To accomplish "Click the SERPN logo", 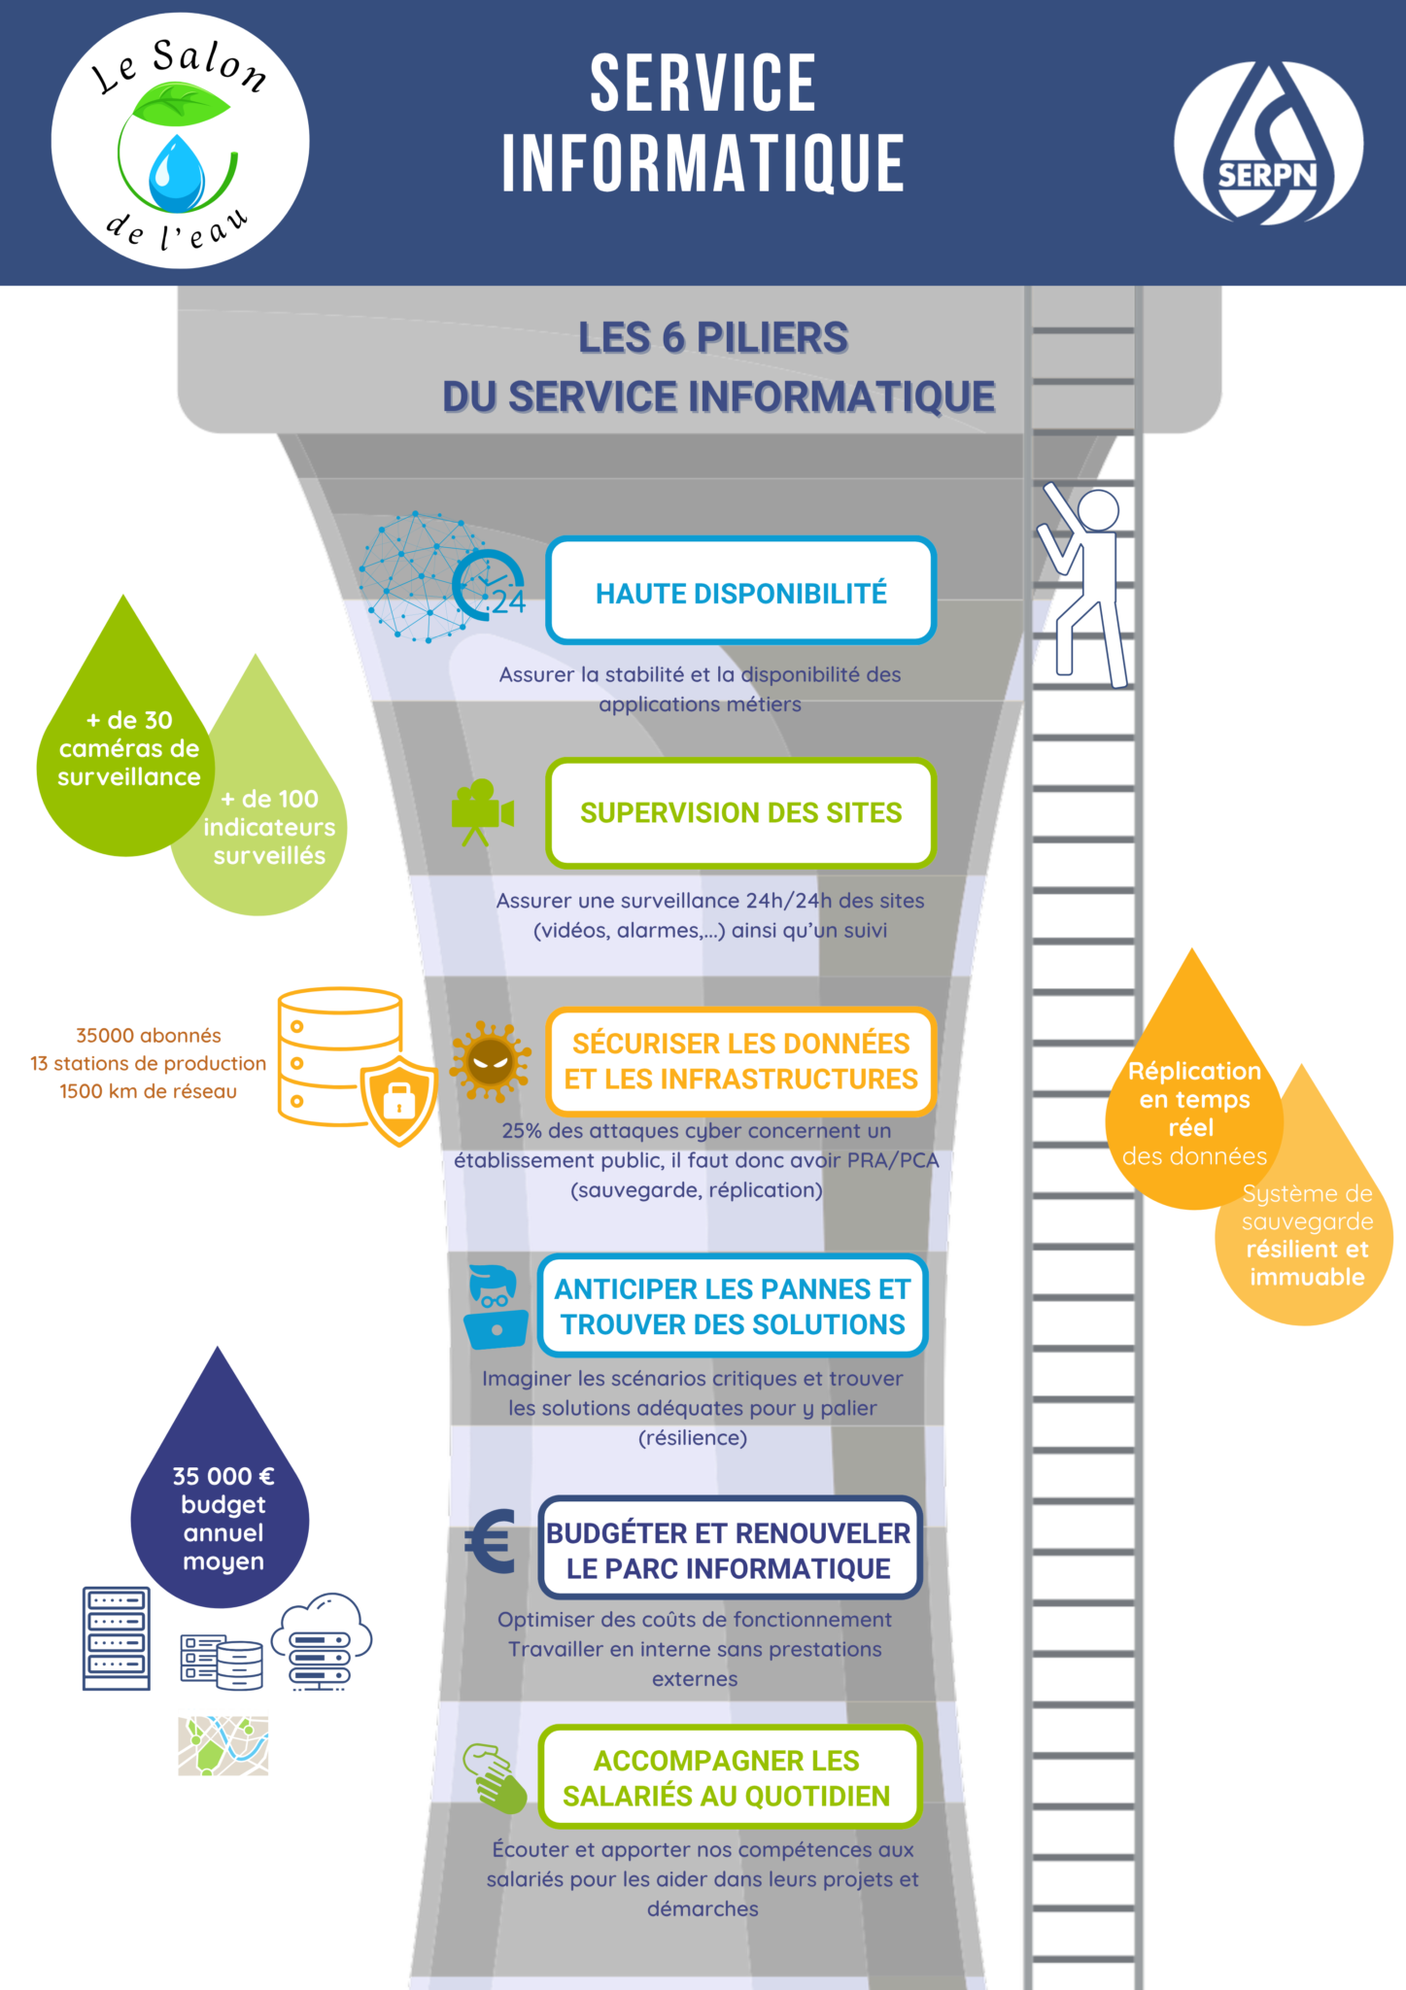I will [1267, 144].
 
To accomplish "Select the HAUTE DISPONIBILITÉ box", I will [740, 591].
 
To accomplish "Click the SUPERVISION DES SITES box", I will [740, 812].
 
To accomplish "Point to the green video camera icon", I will [481, 811].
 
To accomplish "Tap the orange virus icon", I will [490, 1060].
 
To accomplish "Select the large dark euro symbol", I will [491, 1541].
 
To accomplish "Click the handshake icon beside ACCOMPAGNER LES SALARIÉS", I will [495, 1777].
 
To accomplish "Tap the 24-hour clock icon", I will [489, 585].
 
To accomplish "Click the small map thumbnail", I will [223, 1745].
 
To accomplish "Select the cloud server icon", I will [322, 1641].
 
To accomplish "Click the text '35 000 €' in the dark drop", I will [223, 1477].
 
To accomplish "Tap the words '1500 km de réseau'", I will [148, 1091].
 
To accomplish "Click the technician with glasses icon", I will [496, 1307].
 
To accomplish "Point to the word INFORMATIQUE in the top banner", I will [703, 163].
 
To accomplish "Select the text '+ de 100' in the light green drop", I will [269, 799].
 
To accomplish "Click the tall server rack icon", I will [117, 1638].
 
